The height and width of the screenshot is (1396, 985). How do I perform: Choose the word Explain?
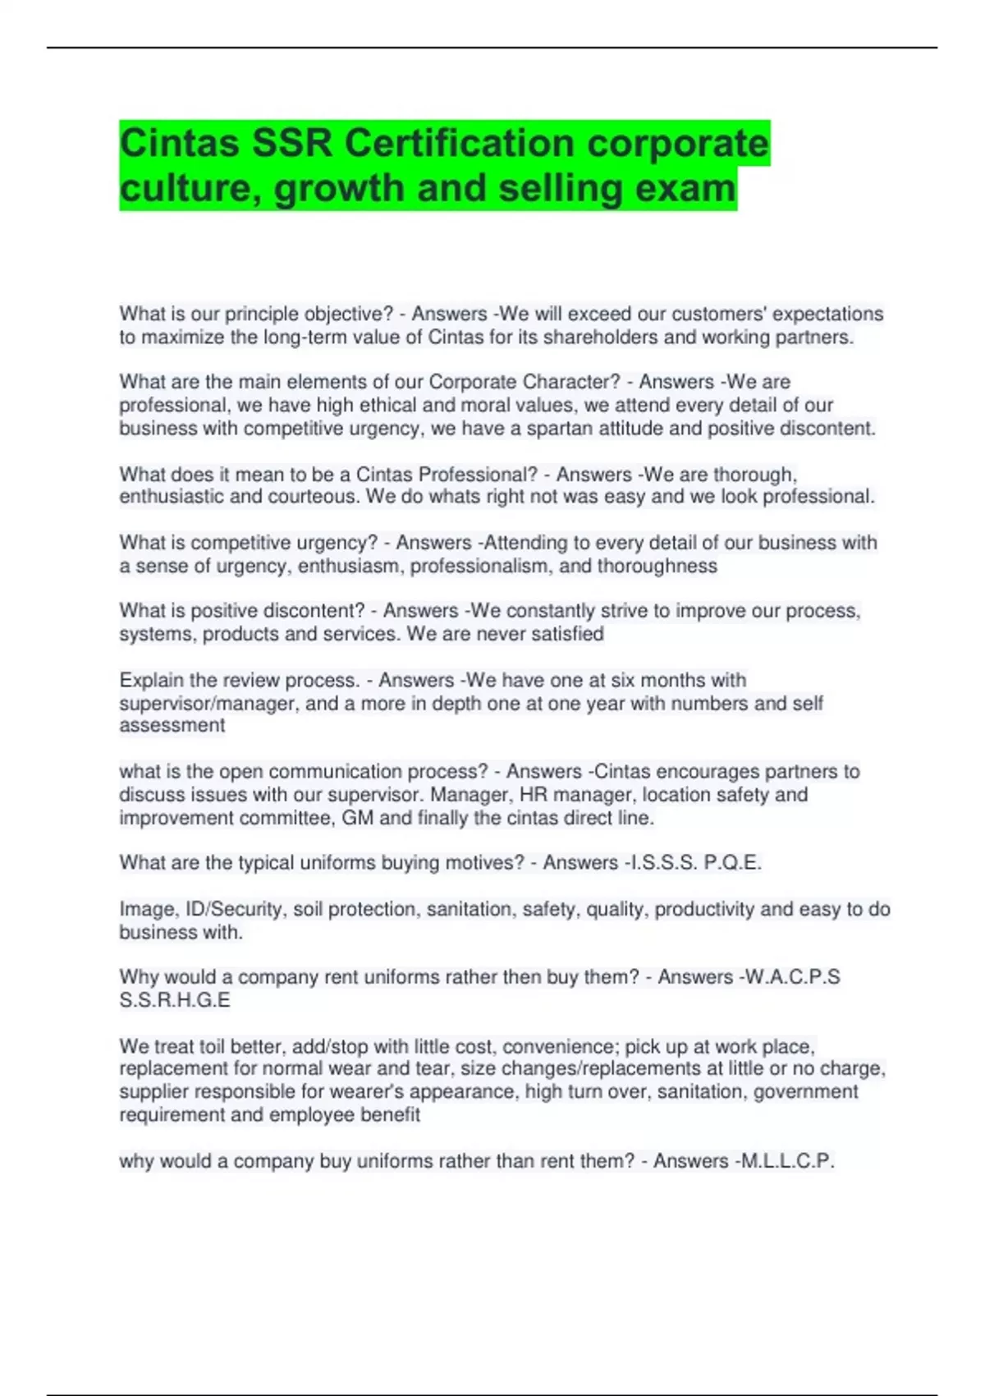pos(152,680)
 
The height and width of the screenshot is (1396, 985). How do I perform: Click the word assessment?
pos(172,726)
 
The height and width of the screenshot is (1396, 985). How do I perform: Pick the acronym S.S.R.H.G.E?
pos(175,1000)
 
